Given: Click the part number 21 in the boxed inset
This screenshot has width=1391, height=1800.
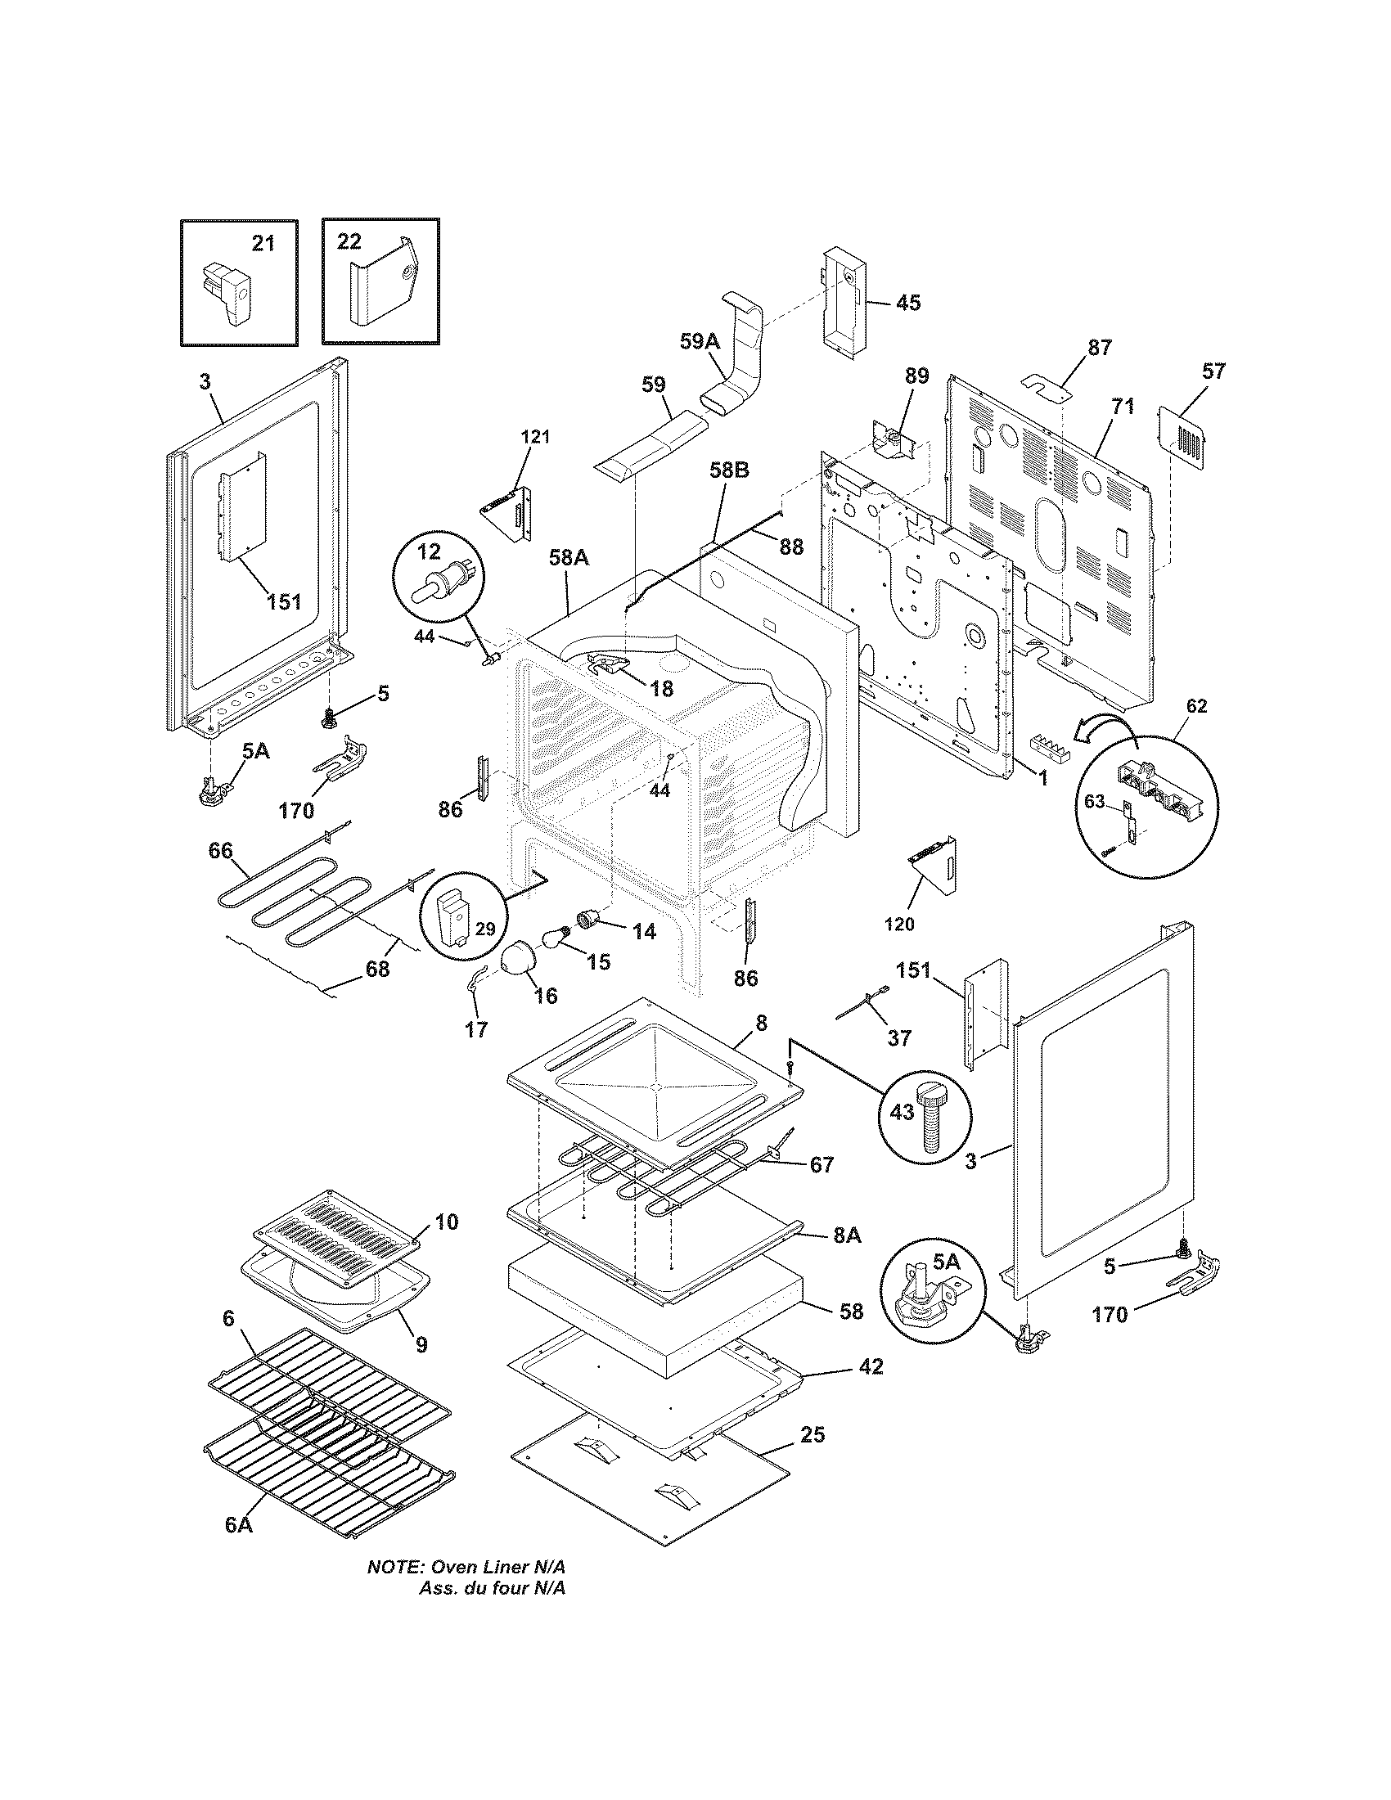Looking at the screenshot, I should [x=262, y=244].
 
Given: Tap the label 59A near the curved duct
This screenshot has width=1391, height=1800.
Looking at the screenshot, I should [x=700, y=340].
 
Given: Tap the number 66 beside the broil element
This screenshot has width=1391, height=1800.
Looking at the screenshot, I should [x=220, y=851].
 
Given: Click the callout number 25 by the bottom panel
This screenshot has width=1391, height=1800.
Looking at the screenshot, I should [x=812, y=1435].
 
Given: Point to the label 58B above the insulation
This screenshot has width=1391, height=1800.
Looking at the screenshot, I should [x=729, y=470].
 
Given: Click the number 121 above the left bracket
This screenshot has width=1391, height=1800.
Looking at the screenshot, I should [x=534, y=437].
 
